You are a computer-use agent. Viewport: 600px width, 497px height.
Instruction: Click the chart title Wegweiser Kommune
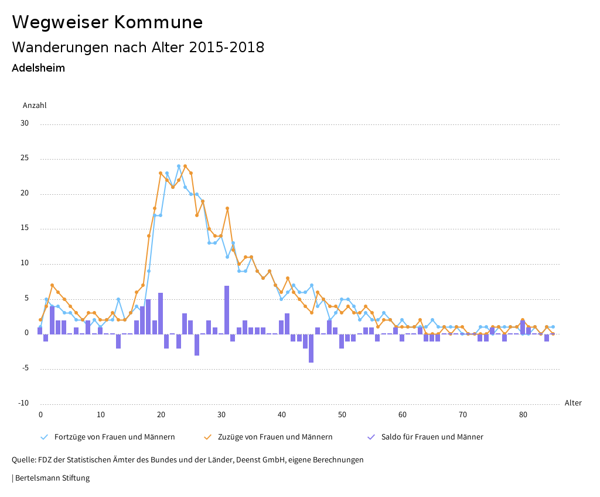107,22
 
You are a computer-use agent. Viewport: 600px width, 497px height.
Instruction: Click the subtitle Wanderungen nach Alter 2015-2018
138,48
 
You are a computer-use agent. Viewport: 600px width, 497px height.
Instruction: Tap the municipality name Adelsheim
38,68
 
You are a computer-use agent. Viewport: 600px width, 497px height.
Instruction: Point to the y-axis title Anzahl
34,106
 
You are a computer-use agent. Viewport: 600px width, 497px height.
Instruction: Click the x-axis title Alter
573,403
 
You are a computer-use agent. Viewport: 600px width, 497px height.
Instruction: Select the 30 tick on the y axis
24,123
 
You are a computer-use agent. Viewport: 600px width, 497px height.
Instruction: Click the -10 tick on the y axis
23,403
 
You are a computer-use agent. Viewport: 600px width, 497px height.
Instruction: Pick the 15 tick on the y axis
24,228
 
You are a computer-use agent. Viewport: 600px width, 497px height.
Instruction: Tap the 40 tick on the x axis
282,415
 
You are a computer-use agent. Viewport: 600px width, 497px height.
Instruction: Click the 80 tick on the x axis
523,415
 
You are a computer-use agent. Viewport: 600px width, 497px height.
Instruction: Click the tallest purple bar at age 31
227,310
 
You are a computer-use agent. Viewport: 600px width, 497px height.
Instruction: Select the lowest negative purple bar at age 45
311,348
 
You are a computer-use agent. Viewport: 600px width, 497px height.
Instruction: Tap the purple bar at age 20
161,313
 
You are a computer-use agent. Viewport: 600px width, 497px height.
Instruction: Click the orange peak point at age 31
227,208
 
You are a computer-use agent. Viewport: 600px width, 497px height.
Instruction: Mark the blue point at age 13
118,299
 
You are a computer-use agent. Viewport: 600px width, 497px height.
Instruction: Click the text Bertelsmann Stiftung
52,478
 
